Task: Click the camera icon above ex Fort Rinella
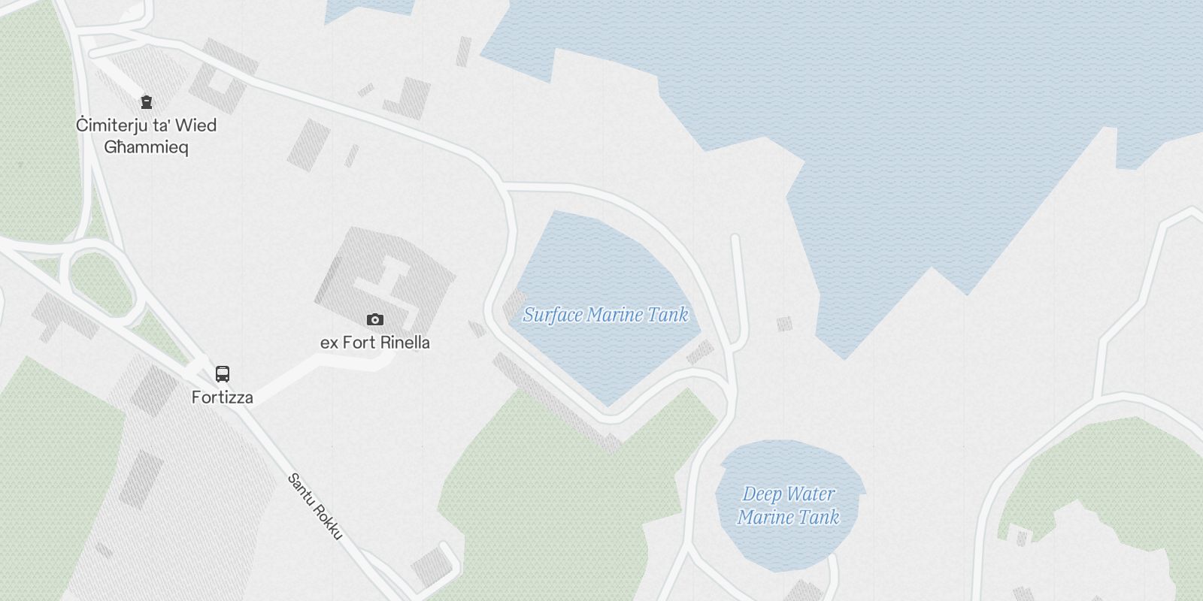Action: [374, 320]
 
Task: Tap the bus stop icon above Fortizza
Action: [223, 373]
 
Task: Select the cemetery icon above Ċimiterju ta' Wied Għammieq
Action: [146, 101]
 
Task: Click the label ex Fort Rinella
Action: [374, 343]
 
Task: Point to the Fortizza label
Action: [222, 397]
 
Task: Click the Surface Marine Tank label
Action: [605, 315]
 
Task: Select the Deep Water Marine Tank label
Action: [788, 506]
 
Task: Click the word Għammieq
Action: [146, 147]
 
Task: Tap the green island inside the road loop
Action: [100, 282]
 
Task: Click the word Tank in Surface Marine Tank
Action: [668, 315]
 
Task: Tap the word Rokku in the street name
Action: [326, 521]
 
